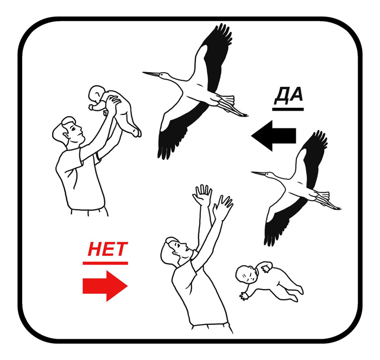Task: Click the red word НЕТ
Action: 107,249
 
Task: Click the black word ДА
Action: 289,95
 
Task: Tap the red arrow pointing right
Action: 105,286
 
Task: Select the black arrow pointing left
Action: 274,136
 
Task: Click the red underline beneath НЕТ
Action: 105,263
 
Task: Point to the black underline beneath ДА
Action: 288,109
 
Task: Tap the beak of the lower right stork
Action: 259,173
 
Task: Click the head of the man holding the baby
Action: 69,131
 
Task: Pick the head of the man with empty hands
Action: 175,250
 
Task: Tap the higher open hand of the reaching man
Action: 202,195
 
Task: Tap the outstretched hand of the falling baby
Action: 244,295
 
